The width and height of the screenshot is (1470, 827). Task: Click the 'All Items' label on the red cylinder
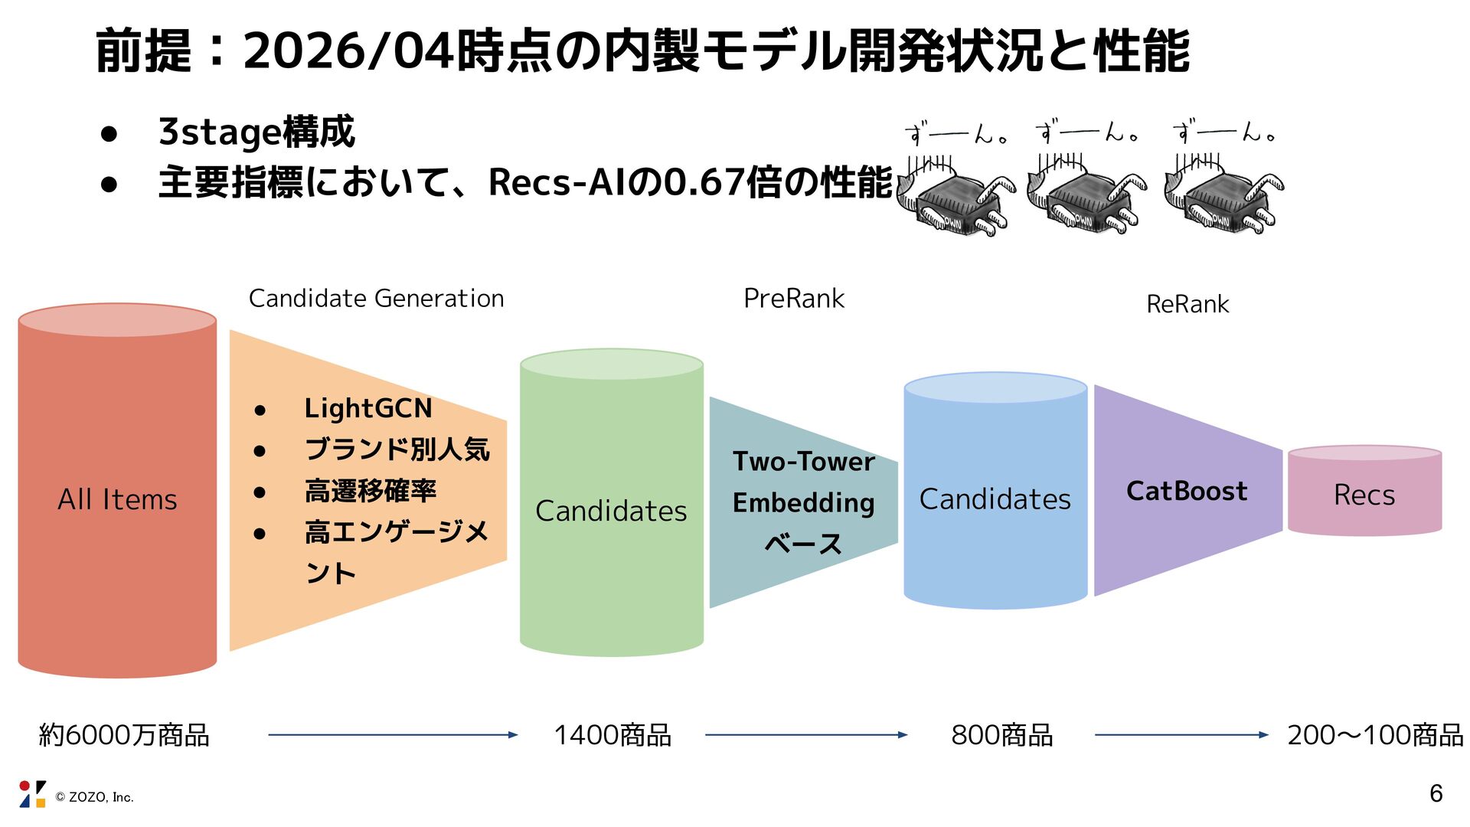click(117, 499)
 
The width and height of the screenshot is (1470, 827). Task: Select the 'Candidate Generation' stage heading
click(376, 298)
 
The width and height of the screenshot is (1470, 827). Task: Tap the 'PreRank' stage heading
click(793, 298)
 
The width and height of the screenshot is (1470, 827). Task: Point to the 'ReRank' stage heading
click(1187, 304)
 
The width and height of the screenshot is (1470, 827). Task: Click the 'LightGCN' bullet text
click(367, 408)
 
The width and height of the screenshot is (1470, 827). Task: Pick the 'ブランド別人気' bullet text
click(397, 449)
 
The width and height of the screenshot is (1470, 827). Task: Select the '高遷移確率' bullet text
click(371, 491)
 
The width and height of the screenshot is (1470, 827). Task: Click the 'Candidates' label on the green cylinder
click(611, 511)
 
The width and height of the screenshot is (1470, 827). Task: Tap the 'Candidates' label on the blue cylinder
click(995, 499)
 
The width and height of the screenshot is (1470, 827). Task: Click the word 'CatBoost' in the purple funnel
click(1187, 491)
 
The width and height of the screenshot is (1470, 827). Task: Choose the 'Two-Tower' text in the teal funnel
click(803, 462)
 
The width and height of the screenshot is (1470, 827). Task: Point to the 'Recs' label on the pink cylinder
click(1364, 495)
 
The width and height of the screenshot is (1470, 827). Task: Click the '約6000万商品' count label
click(124, 735)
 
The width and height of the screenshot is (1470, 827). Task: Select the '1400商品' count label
click(612, 735)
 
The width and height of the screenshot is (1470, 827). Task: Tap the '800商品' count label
click(1001, 735)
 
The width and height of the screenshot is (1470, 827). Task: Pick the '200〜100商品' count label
click(1375, 735)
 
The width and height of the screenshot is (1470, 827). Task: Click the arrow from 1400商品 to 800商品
click(805, 735)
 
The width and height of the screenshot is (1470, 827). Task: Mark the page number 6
click(1436, 794)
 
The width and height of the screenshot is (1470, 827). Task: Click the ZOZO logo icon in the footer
click(32, 794)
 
